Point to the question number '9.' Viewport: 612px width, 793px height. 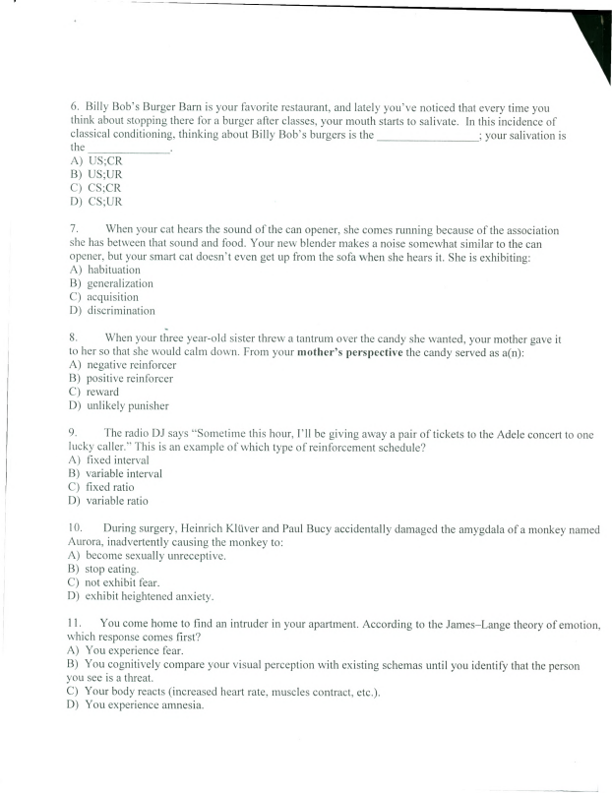click(x=73, y=433)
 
